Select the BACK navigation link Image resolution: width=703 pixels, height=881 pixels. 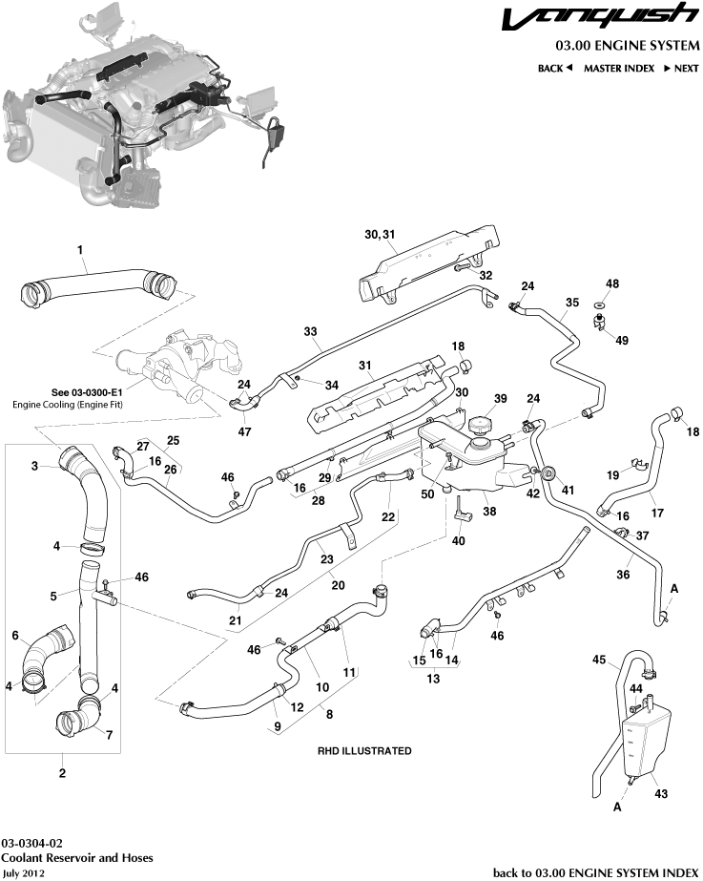(x=554, y=69)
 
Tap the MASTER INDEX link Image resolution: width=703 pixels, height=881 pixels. (x=618, y=69)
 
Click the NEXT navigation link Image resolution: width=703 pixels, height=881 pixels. (x=681, y=69)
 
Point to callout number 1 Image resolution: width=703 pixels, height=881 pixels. (x=80, y=250)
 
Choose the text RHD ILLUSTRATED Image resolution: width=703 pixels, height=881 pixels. (x=364, y=751)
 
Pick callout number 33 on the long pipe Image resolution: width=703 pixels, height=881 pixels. (x=310, y=331)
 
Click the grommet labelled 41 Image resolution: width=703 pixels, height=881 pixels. (x=550, y=473)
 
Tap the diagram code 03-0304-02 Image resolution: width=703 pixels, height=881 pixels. (x=32, y=844)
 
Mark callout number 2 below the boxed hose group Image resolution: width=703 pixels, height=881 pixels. (x=63, y=773)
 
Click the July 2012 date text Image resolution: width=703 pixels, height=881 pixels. (x=23, y=872)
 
